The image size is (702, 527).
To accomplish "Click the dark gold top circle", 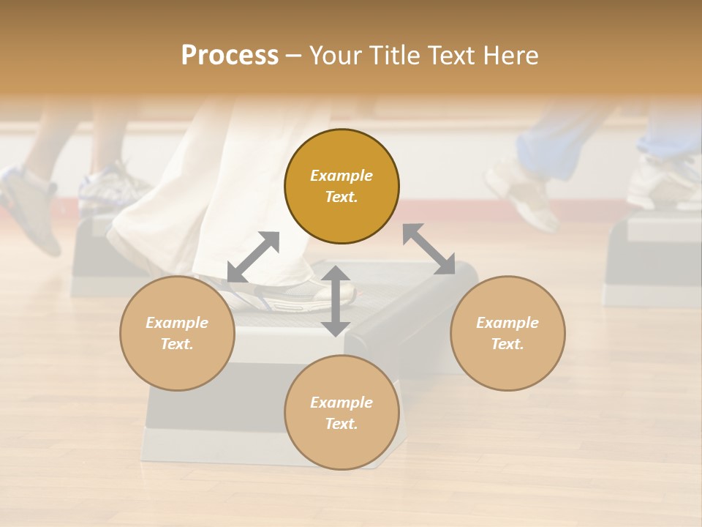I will pyautogui.click(x=341, y=186).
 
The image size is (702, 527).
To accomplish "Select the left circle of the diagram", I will pyautogui.click(x=177, y=333).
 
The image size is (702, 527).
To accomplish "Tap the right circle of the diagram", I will pyautogui.click(x=507, y=333).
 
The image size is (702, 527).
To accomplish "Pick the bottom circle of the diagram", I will pyautogui.click(x=341, y=413).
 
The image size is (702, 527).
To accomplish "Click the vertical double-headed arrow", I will pyautogui.click(x=336, y=301).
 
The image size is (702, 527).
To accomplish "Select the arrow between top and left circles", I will pyautogui.click(x=254, y=257).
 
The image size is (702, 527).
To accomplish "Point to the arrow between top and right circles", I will pyautogui.click(x=429, y=249).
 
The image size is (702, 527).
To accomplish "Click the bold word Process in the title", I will pyautogui.click(x=230, y=55).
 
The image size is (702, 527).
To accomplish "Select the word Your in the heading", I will pyautogui.click(x=335, y=55).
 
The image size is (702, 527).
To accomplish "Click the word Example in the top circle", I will pyautogui.click(x=341, y=176).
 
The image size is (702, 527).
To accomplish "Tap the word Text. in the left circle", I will pyautogui.click(x=177, y=344).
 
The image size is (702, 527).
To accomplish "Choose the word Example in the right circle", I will pyautogui.click(x=507, y=323).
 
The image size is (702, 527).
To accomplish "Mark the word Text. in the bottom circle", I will pyautogui.click(x=341, y=424).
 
